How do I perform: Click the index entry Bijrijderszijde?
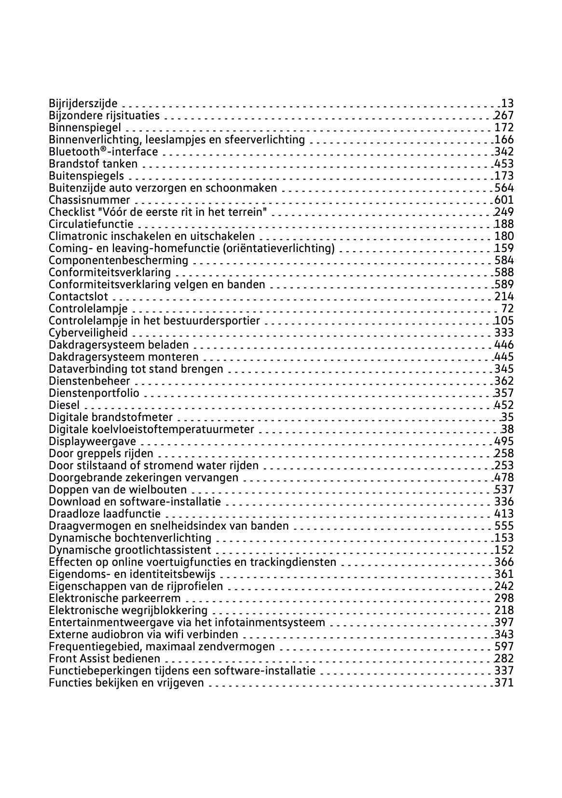[x=83, y=103]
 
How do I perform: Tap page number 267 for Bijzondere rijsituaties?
[x=504, y=115]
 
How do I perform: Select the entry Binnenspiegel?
[x=85, y=127]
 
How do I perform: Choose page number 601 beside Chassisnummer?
[x=504, y=200]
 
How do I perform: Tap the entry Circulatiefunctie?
[x=91, y=224]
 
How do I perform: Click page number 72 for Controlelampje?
[x=507, y=308]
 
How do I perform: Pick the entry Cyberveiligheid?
[x=88, y=333]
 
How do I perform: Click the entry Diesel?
[x=64, y=405]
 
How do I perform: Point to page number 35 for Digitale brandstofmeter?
[x=507, y=417]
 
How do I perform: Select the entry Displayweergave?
[x=93, y=441]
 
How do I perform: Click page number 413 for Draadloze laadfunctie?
[x=504, y=514]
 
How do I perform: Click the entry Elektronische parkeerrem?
[x=114, y=598]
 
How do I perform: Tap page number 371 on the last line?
[x=504, y=683]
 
